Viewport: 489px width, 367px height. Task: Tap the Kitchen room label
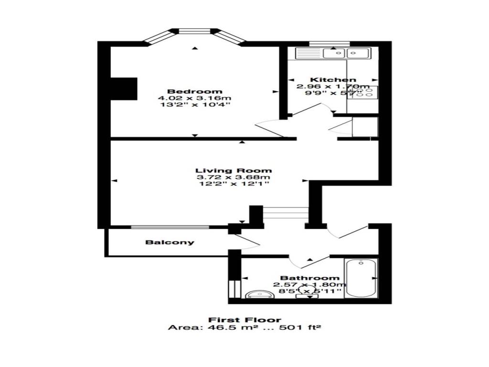pos(333,80)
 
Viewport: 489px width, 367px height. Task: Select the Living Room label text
pos(234,171)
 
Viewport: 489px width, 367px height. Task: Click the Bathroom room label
pos(310,278)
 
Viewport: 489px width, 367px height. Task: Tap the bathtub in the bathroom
pos(361,278)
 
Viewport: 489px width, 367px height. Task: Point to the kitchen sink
pos(347,53)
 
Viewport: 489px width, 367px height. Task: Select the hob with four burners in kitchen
pos(362,93)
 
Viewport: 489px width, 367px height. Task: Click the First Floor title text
pos(244,320)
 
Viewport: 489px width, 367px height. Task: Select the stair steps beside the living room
pos(286,213)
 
